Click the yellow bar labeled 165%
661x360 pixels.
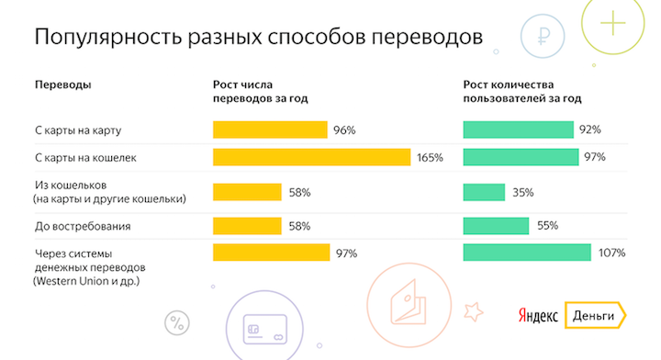click(x=311, y=158)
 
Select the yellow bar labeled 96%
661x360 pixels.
click(x=270, y=129)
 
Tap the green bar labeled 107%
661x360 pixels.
click(x=527, y=253)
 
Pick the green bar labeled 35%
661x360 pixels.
click(x=484, y=192)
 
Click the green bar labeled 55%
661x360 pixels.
click(x=496, y=225)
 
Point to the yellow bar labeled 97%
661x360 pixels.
click(x=271, y=253)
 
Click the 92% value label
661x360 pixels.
click(x=589, y=129)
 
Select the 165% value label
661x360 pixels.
click(x=430, y=158)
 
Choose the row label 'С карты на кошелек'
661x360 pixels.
click(x=84, y=158)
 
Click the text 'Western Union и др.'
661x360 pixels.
click(x=87, y=279)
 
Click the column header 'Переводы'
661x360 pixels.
click(x=62, y=84)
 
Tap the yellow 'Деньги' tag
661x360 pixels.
click(x=594, y=315)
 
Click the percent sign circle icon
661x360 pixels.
click(x=175, y=322)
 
